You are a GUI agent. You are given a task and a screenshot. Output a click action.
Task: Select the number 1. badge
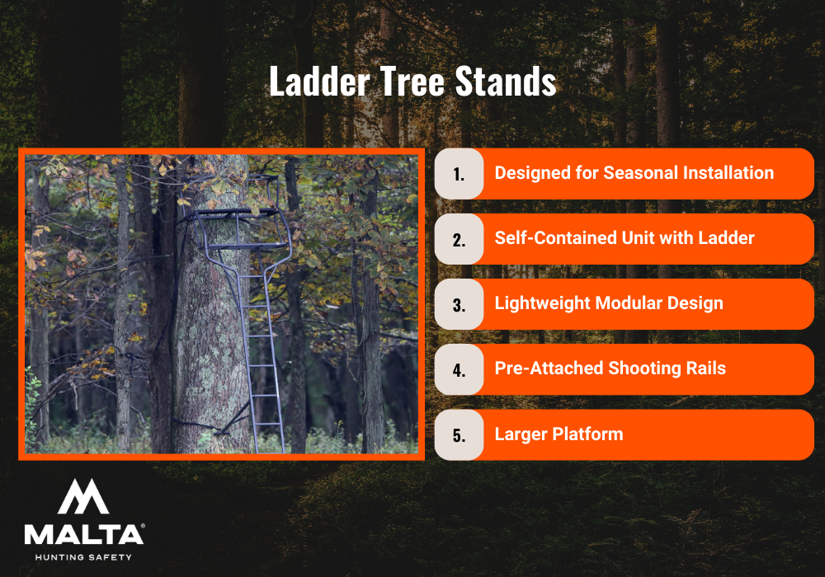click(459, 174)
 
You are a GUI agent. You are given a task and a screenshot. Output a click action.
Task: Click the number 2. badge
click(459, 239)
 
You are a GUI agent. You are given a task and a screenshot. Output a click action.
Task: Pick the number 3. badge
click(459, 304)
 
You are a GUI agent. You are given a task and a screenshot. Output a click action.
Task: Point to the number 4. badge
click(459, 369)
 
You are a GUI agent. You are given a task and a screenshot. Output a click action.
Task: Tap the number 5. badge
click(459, 434)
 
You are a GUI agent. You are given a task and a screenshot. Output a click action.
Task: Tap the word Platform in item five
click(584, 434)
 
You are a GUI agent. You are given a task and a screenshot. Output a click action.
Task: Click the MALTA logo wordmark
click(83, 534)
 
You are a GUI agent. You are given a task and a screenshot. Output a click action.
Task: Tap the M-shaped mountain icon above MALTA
click(83, 496)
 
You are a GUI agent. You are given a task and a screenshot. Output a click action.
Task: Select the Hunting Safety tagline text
click(83, 557)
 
